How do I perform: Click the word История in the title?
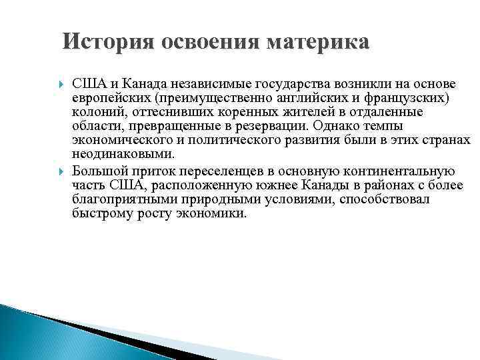click(x=107, y=42)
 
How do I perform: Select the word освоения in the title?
click(x=211, y=42)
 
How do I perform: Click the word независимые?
click(x=189, y=85)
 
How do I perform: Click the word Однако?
click(x=319, y=126)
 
